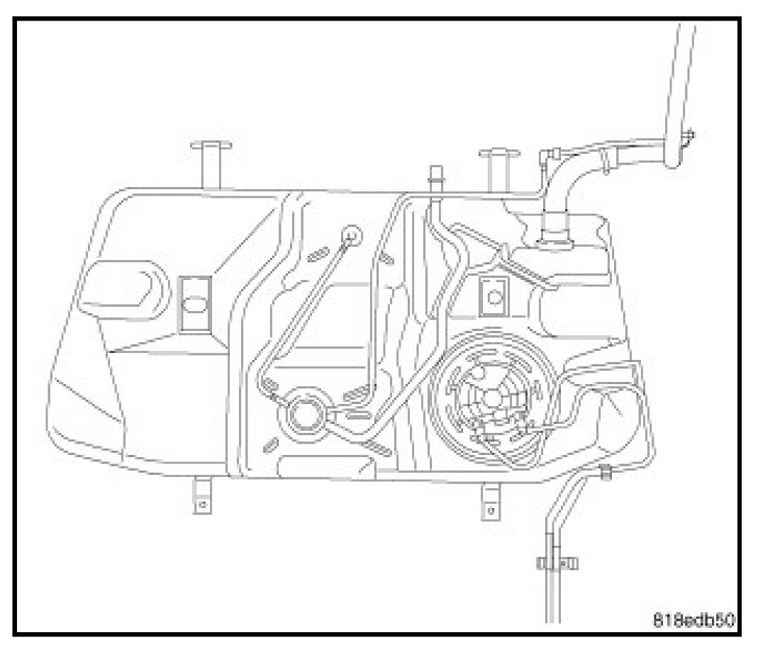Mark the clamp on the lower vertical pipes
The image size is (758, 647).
pos(555,563)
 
